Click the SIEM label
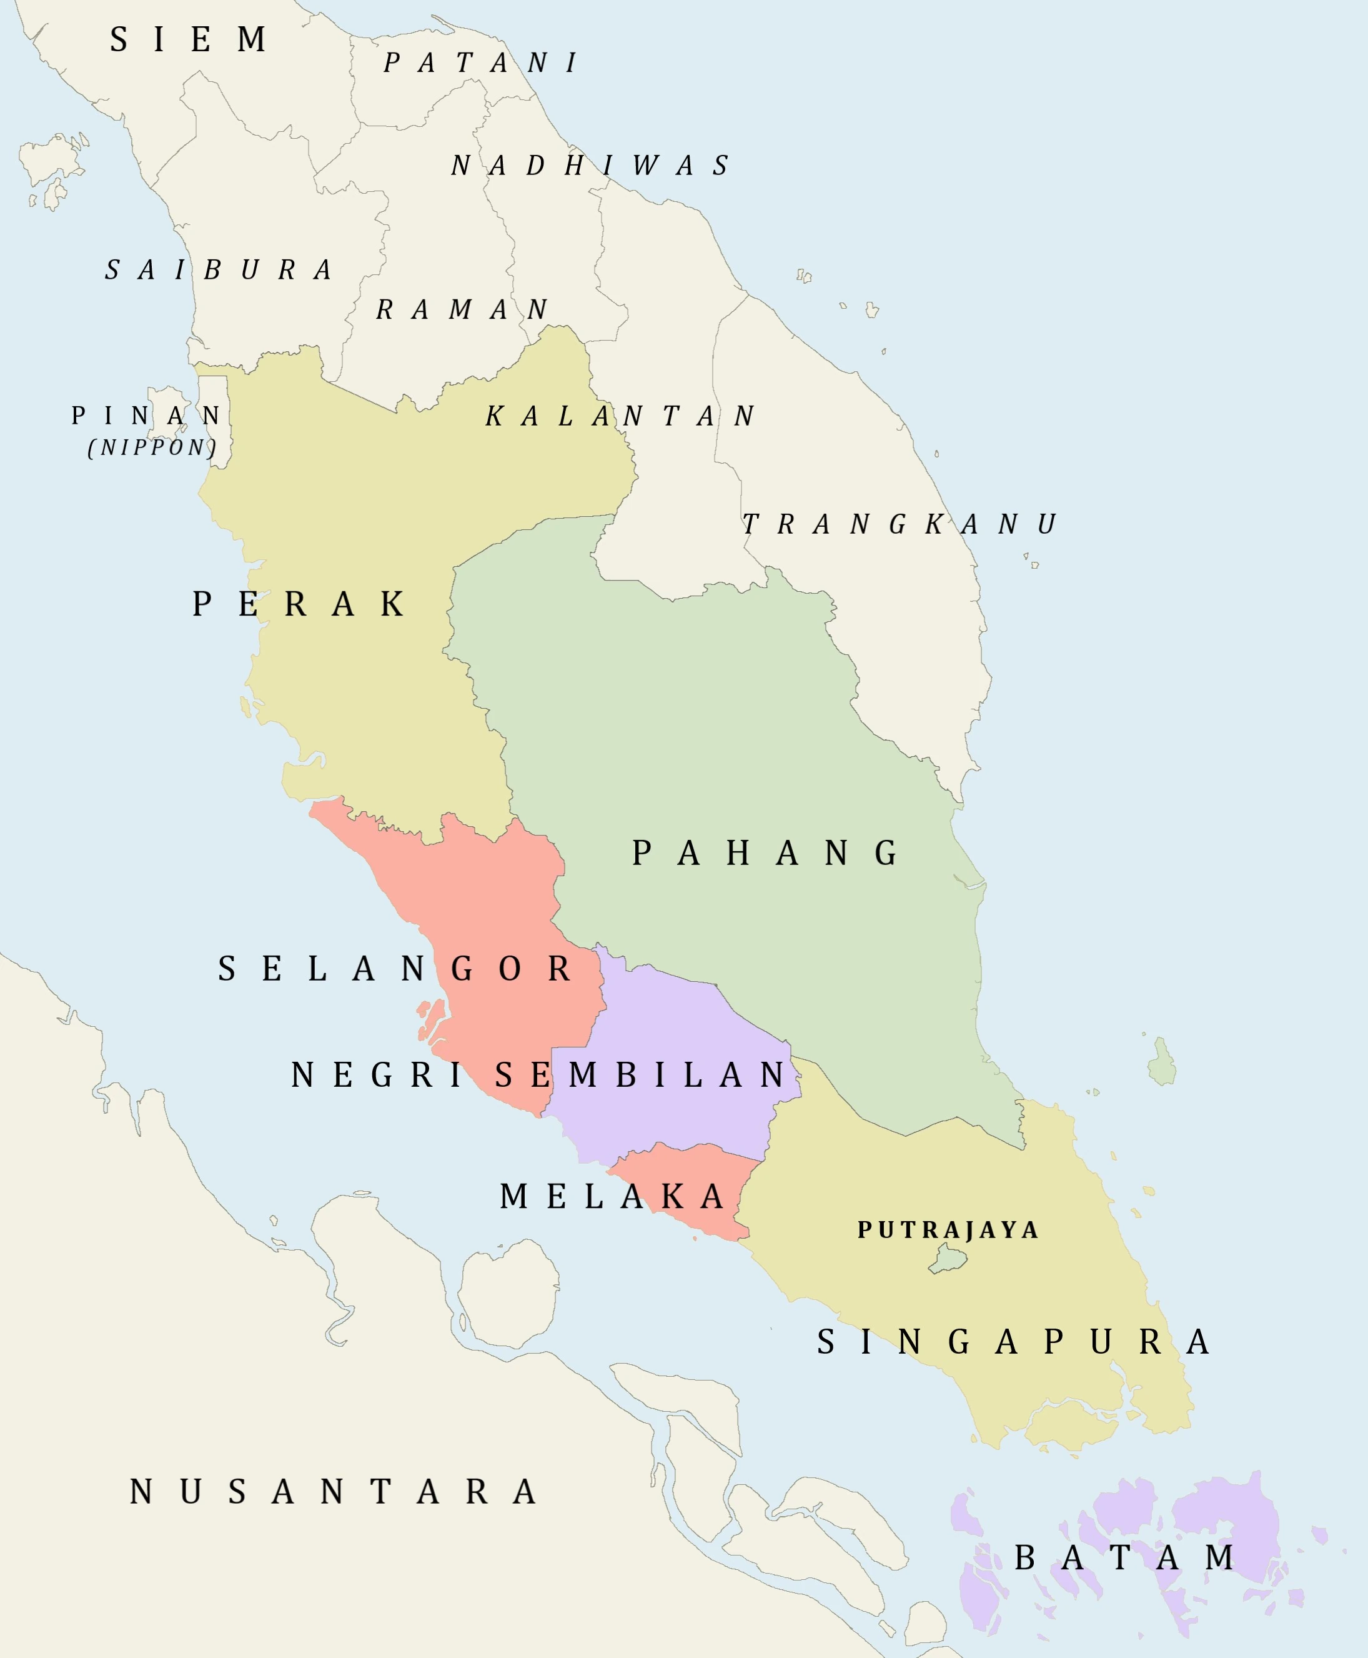point(189,39)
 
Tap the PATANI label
point(482,63)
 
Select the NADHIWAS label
point(590,166)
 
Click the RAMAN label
point(462,309)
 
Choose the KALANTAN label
point(620,416)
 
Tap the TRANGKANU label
point(899,524)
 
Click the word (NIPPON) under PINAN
point(152,448)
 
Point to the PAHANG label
point(765,853)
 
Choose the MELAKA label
point(612,1197)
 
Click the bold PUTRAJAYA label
point(948,1230)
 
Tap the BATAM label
point(1125,1557)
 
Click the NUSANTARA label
point(334,1492)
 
